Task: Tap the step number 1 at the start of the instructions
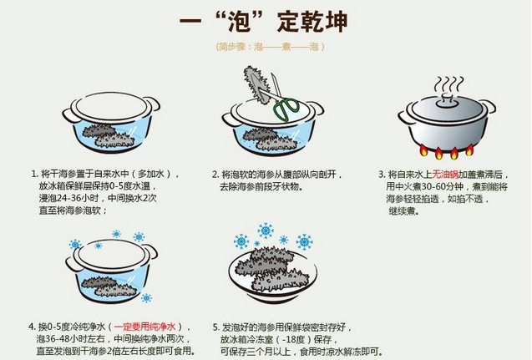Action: tap(33, 174)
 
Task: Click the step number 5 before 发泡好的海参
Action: tap(215, 325)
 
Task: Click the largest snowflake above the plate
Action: tap(266, 230)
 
